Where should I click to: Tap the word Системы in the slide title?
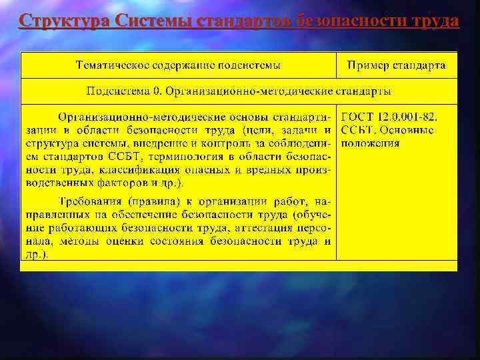154,21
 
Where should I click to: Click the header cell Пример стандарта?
397,65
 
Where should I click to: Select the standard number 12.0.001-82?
409,116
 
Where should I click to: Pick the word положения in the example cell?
371,143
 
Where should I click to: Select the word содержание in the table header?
181,65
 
